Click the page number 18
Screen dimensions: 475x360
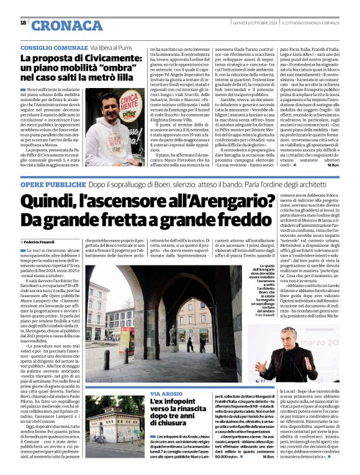(23, 23)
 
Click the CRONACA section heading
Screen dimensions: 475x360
(66, 25)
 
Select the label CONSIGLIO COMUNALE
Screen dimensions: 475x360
(53, 48)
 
